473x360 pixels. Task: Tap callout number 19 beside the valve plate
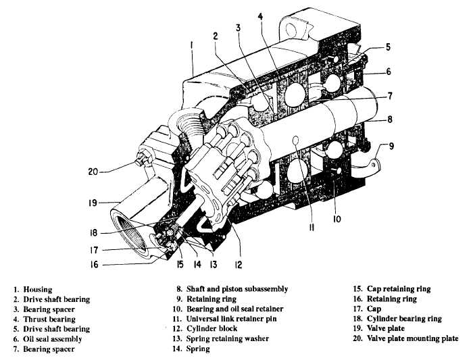tap(92, 202)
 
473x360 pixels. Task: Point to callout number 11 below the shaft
tap(312, 228)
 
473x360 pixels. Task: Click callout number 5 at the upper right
tap(388, 47)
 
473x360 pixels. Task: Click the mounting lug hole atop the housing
tap(293, 29)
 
